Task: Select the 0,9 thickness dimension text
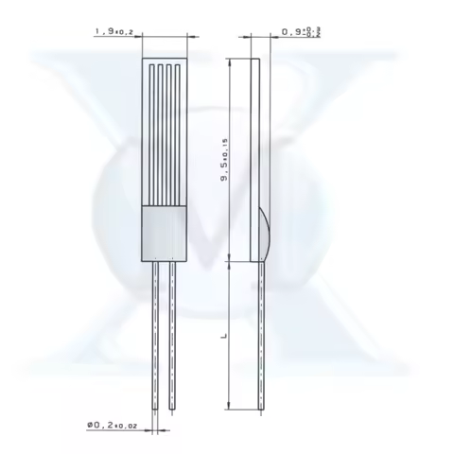[291, 33]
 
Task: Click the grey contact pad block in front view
[163, 234]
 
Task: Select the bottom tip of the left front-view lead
[153, 409]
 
